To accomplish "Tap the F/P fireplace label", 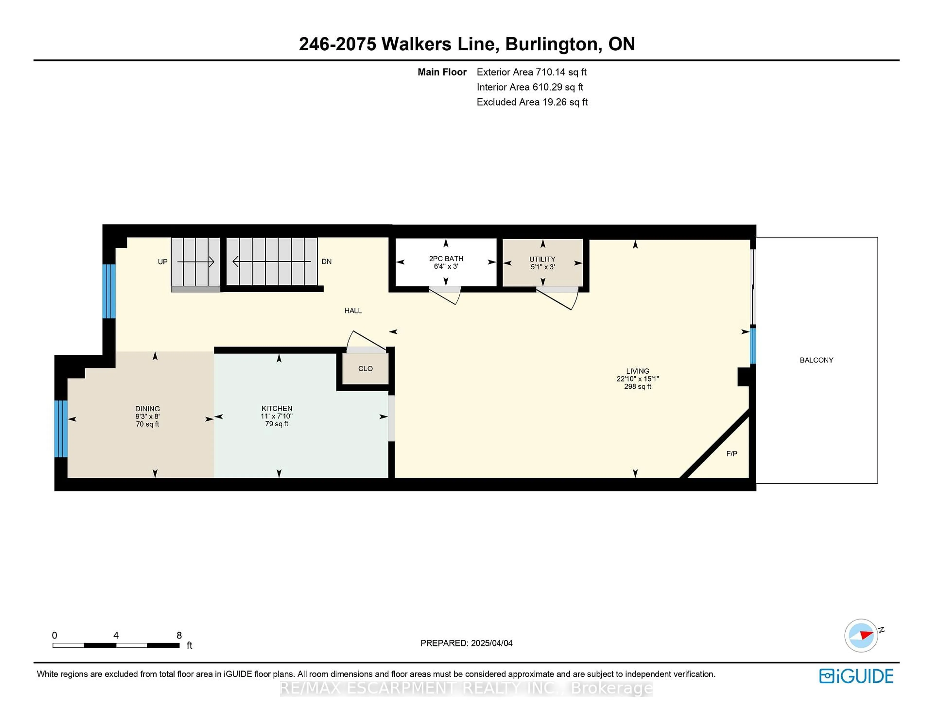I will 731,454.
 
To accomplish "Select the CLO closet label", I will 365,369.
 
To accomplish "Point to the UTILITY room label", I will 542,259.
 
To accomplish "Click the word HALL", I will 353,310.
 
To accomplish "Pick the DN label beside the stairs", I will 326,261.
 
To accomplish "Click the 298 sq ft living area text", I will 637,386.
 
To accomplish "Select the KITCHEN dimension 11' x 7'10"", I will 276,416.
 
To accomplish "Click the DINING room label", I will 147,409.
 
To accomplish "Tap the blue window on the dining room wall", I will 61,429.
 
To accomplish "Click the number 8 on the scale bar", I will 179,635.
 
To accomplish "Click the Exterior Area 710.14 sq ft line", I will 531,72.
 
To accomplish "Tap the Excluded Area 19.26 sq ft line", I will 532,102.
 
